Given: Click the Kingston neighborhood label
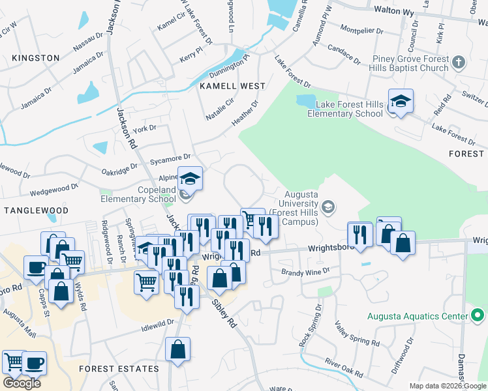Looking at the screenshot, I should tap(35, 58).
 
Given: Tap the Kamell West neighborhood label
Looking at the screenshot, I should tap(232, 86).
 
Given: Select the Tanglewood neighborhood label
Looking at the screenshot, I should tap(36, 210).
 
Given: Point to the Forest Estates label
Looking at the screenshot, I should tap(119, 369).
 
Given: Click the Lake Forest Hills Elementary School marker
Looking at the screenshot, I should tap(401, 102).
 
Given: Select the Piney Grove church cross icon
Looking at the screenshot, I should tap(459, 63).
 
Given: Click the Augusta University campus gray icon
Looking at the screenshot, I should tap(329, 207).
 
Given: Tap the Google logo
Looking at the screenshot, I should tap(22, 383).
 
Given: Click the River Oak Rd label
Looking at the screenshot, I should tap(343, 368).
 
